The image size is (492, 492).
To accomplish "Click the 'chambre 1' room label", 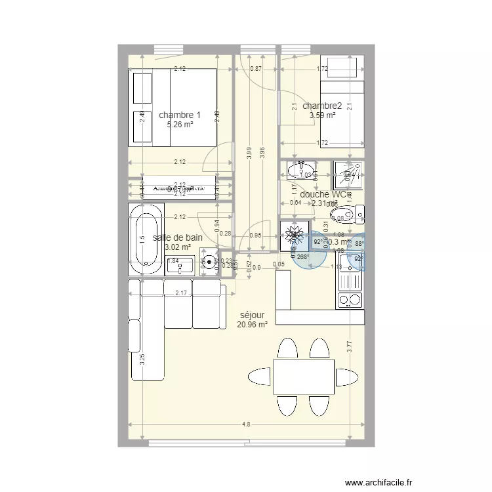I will tap(179, 115).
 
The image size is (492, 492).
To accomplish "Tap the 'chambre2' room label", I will tap(322, 106).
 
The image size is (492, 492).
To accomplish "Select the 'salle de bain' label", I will tap(177, 238).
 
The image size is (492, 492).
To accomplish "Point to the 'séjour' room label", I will tap(253, 315).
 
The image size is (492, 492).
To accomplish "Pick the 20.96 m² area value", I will tap(253, 324).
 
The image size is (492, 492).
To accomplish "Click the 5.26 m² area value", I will tap(179, 124).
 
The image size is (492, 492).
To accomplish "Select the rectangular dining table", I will tap(303, 377).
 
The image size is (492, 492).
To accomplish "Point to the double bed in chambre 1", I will tap(174, 108).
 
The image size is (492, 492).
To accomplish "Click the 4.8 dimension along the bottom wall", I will tap(246, 424).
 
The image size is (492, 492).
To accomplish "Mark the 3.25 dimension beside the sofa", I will tap(142, 359).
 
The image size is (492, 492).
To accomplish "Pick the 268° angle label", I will tap(303, 257).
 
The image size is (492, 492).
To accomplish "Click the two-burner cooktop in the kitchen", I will tap(349, 300).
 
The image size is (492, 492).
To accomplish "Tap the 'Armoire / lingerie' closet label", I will tap(179, 188).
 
